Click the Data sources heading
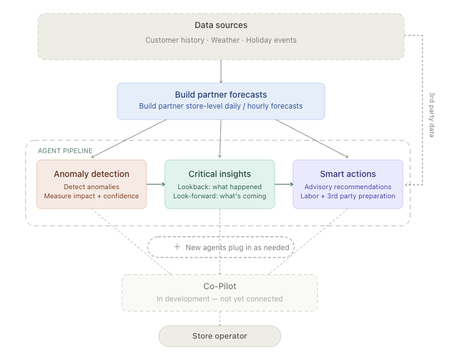tap(221, 25)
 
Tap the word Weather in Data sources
tap(225, 40)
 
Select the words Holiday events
tap(271, 40)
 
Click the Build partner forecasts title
tap(221, 95)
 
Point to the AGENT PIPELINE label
tap(65, 151)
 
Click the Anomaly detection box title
tap(92, 174)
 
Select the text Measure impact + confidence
tap(92, 196)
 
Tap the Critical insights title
tap(220, 174)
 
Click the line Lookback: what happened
tap(220, 187)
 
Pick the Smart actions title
tap(348, 174)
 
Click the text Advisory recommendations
tap(348, 187)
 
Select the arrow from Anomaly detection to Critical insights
tap(156, 184)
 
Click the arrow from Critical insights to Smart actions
tap(284, 184)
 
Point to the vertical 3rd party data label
tap(432, 115)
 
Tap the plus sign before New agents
tap(177, 247)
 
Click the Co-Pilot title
tap(220, 286)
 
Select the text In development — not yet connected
tap(220, 298)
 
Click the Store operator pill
tap(220, 336)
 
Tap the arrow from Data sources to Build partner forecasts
tap(221, 71)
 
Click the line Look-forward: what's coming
tap(220, 196)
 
